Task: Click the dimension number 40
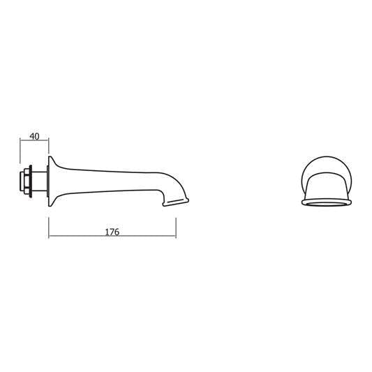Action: click(x=33, y=136)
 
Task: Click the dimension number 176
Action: click(x=112, y=231)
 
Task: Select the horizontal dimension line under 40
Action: click(x=34, y=143)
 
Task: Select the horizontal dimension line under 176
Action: click(x=112, y=237)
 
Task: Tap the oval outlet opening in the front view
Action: click(x=326, y=203)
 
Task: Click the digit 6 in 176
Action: click(x=117, y=231)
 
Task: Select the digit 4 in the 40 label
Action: click(x=30, y=136)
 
